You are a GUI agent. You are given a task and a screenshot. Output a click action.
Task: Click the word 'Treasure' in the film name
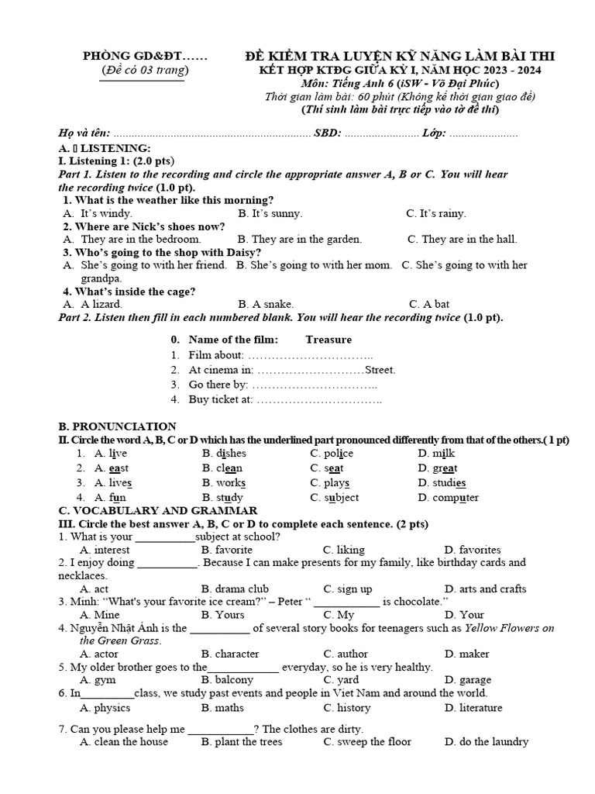click(328, 340)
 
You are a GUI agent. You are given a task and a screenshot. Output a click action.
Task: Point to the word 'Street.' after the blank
click(380, 370)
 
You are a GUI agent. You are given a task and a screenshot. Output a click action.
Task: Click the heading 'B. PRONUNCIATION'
click(117, 426)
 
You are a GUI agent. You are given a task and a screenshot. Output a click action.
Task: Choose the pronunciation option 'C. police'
click(332, 454)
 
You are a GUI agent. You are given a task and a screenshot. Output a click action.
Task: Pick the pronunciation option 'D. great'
click(437, 468)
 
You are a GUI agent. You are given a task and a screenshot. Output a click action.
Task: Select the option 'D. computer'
click(448, 498)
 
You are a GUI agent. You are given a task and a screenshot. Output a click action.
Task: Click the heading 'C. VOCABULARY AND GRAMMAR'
click(158, 511)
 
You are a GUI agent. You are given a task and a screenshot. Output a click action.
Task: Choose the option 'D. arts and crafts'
click(485, 589)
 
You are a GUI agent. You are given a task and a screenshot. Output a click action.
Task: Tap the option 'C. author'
click(346, 654)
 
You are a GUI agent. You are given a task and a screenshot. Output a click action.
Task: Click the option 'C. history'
click(347, 708)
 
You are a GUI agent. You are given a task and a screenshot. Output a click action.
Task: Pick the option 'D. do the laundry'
click(486, 742)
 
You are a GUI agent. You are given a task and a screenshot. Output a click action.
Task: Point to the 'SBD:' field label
click(328, 133)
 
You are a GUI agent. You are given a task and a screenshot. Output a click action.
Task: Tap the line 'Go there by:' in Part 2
click(218, 385)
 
